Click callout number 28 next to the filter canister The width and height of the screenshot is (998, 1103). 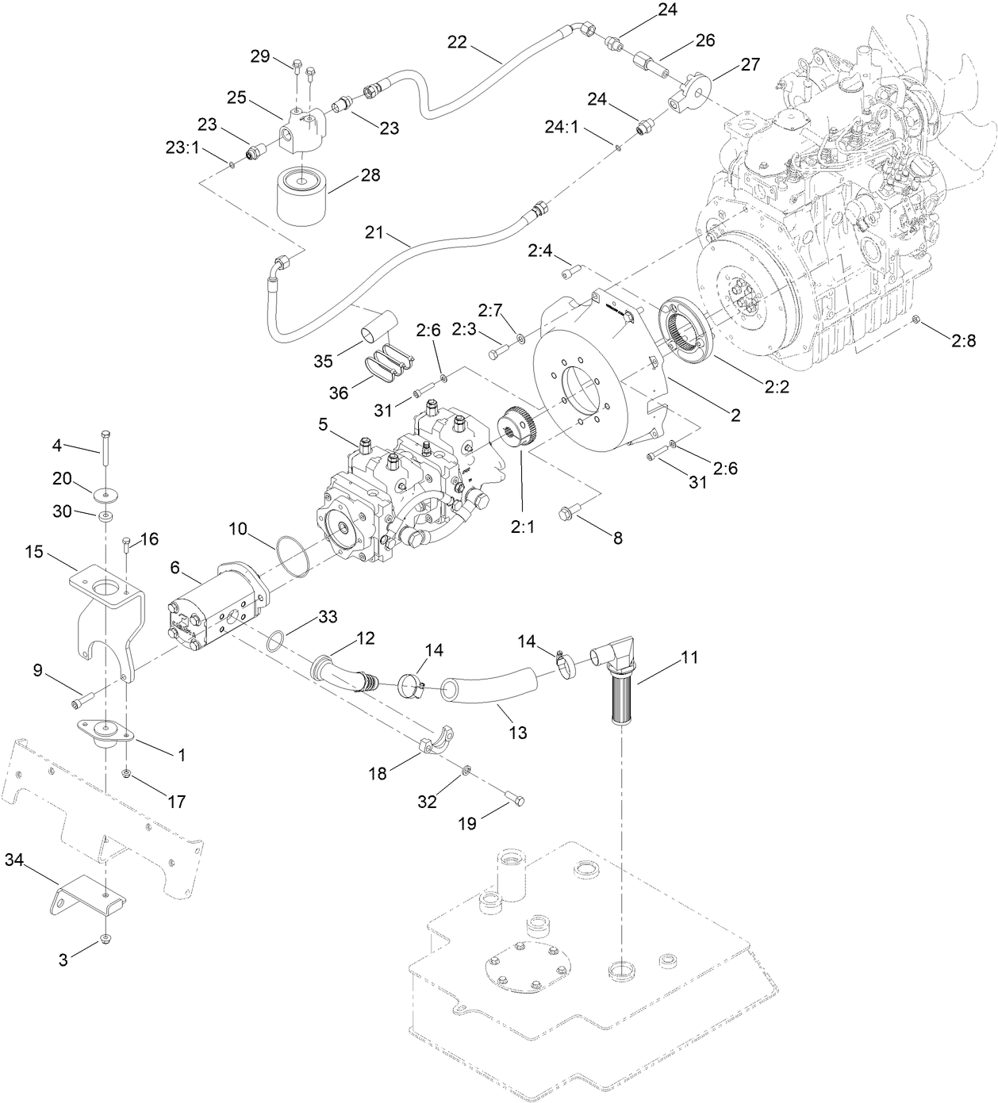(370, 175)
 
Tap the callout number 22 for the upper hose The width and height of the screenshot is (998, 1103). (457, 42)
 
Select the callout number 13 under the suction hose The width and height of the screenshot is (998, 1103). (517, 734)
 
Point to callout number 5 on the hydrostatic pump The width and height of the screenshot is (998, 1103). (323, 425)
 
